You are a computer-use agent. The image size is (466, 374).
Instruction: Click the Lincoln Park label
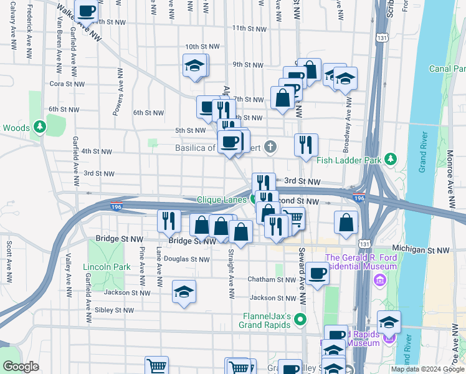(x=107, y=267)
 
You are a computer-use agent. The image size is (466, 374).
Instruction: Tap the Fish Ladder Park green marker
(x=391, y=160)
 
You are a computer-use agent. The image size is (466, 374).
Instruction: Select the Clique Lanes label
(x=222, y=199)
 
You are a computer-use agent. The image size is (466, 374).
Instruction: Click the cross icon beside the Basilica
(x=269, y=148)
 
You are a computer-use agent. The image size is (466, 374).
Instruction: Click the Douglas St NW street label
(x=187, y=259)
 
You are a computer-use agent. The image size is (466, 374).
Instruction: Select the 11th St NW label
(x=247, y=28)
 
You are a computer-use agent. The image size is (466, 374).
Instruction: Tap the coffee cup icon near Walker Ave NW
(x=87, y=10)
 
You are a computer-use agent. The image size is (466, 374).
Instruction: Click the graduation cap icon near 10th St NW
(x=195, y=65)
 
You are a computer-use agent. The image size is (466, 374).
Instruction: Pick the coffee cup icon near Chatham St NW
(x=318, y=274)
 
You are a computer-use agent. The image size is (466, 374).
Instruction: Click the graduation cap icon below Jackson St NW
(x=184, y=292)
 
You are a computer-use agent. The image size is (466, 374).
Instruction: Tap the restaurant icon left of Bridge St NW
(x=169, y=220)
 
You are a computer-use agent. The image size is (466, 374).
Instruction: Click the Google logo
(x=21, y=367)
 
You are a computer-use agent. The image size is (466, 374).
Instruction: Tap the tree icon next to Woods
(x=40, y=128)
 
